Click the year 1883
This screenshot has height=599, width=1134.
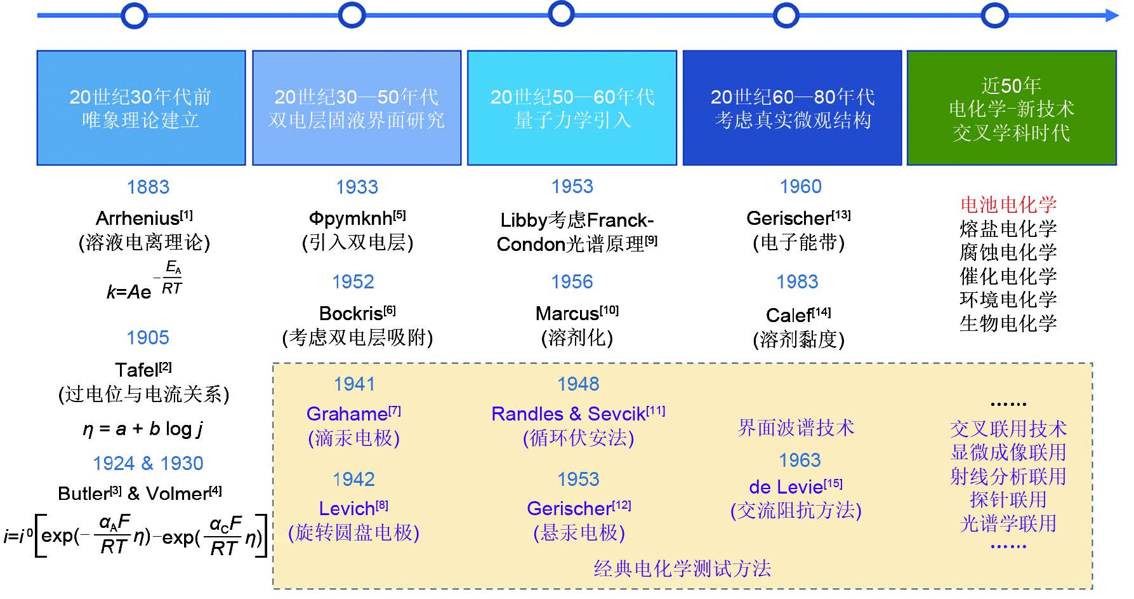(148, 187)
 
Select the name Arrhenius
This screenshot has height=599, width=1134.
(138, 219)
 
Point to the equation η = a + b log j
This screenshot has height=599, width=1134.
(143, 429)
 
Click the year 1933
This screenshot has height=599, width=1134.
(357, 187)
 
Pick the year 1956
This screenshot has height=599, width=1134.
(572, 282)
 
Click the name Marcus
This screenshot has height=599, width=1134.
(567, 314)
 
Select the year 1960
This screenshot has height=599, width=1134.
(800, 187)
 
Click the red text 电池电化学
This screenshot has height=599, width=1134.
(1008, 205)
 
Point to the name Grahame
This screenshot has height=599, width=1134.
(347, 414)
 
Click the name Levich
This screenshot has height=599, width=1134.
(346, 509)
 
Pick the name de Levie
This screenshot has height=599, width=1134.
(786, 487)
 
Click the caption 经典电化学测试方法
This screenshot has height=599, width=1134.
(682, 569)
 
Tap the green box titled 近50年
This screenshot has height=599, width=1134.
(1011, 108)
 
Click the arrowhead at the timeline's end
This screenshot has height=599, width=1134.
(1112, 15)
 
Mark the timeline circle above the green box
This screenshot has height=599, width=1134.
(994, 15)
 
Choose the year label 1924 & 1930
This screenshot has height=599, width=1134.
(148, 463)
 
